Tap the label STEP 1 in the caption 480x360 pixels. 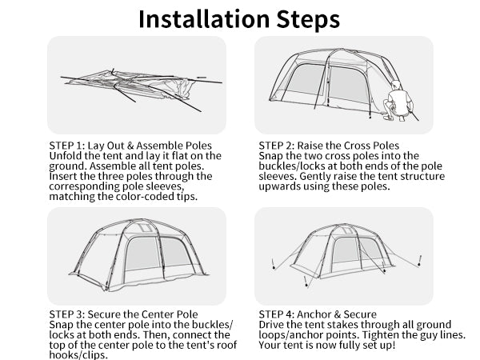pyautogui.click(x=65, y=146)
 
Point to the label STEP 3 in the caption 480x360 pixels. pyautogui.click(x=65, y=314)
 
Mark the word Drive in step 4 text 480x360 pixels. pyautogui.click(x=273, y=325)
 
